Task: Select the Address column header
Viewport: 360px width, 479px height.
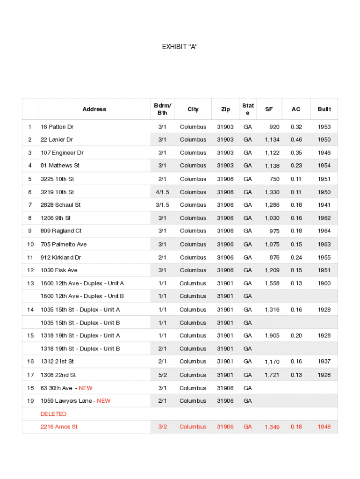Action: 94,109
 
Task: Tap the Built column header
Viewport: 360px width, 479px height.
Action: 324,109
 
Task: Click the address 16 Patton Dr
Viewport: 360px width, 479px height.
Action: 57,127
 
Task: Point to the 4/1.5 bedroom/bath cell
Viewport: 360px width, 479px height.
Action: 162,192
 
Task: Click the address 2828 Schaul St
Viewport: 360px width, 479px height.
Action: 60,205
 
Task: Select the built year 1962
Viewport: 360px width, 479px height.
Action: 324,218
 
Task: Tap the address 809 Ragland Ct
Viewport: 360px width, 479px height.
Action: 61,231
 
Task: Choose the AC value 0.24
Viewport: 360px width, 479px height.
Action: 296,257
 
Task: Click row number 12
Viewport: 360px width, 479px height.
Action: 30,270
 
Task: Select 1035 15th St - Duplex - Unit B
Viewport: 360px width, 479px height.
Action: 80,323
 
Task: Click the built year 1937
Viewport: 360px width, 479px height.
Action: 324,362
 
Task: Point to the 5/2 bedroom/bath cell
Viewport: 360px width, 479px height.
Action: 162,375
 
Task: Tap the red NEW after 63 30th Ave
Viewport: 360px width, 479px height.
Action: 86,388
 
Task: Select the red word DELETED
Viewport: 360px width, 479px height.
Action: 53,414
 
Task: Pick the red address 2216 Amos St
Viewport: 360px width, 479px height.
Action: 59,427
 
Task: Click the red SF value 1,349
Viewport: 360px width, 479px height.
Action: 272,427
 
